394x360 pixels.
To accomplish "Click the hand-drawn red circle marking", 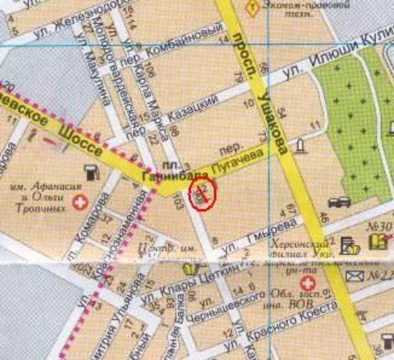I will [202, 194].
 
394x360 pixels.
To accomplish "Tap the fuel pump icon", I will [91, 172].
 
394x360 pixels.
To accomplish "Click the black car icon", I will [343, 201].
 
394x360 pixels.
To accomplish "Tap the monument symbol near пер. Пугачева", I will [301, 146].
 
